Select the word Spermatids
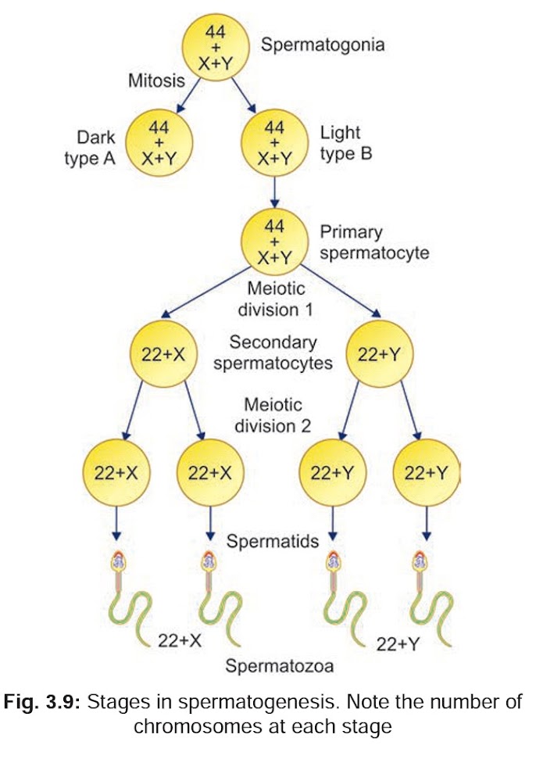point(273,540)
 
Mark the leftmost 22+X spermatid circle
point(114,474)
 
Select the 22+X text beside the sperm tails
point(180,640)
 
